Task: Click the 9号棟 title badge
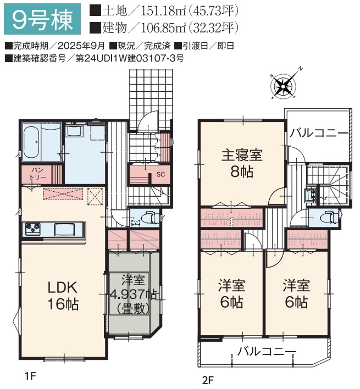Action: [x=42, y=19]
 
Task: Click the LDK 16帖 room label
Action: [x=63, y=296]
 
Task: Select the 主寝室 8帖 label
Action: [x=241, y=163]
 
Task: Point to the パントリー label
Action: [x=37, y=174]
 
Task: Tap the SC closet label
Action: [x=160, y=174]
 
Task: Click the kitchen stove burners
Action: [x=33, y=228]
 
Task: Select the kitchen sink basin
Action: [x=64, y=229]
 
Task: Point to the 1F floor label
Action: [x=31, y=376]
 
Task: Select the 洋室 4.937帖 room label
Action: [x=133, y=294]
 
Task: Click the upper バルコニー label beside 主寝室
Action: [x=319, y=133]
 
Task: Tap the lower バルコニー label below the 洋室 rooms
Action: [x=266, y=351]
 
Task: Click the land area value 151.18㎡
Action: [x=163, y=11]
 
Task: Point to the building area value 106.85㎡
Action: [x=163, y=28]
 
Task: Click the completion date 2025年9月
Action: [x=81, y=46]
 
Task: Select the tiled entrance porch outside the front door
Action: [x=151, y=99]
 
